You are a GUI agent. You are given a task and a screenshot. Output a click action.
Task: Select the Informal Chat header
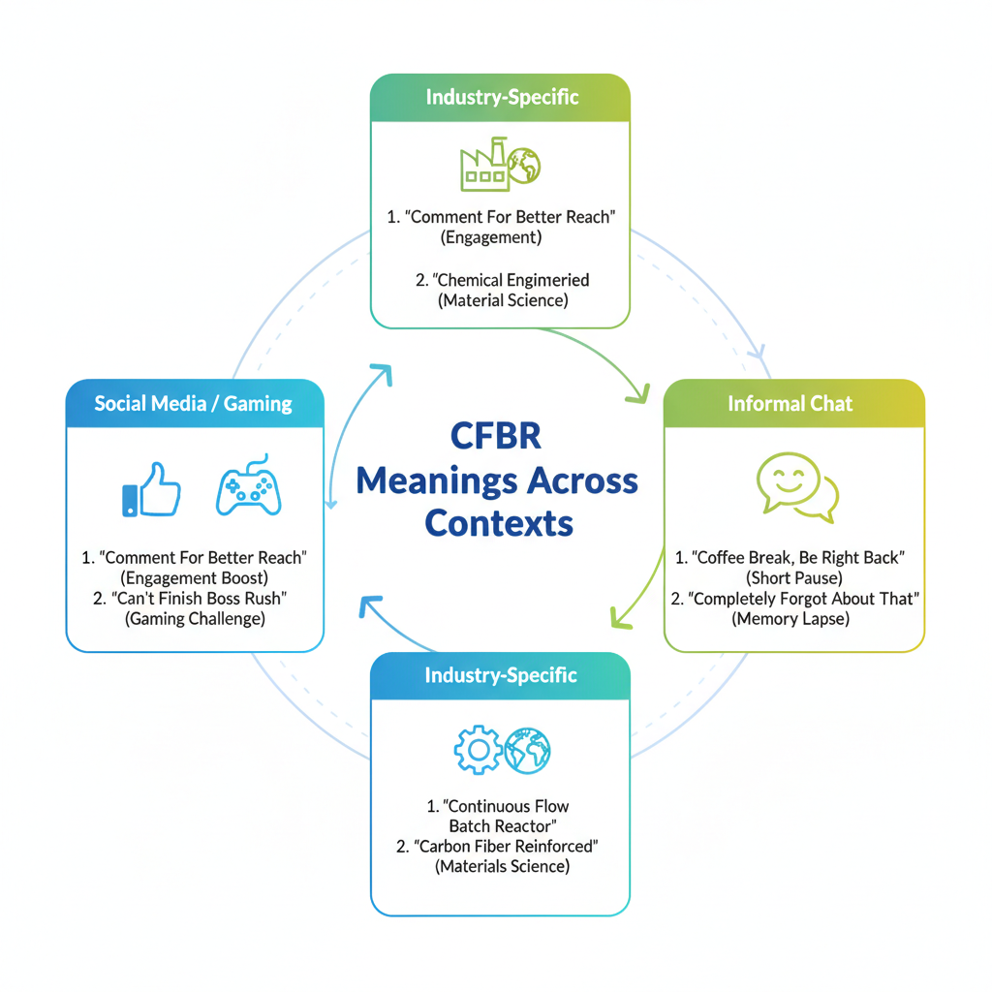[790, 403]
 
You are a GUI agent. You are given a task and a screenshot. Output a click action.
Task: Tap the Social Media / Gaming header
[194, 403]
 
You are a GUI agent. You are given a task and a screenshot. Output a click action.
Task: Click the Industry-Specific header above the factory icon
[502, 97]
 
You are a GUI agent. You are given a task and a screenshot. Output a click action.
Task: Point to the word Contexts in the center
[499, 523]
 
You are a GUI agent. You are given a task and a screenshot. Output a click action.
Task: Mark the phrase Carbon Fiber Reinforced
[507, 846]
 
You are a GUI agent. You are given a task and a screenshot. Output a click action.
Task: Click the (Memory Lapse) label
[790, 619]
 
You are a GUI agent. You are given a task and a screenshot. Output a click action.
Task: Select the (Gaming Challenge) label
[194, 619]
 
